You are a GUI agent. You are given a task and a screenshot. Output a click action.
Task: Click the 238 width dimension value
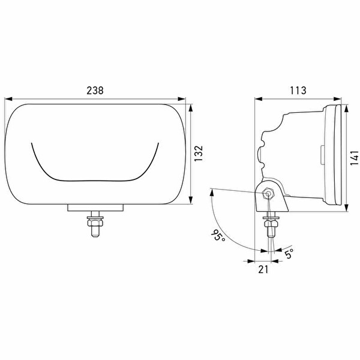(95, 91)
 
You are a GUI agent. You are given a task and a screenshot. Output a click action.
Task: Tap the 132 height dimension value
(199, 153)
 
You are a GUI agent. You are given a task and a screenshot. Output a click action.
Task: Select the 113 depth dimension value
(298, 91)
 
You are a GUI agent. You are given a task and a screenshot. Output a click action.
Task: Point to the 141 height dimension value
(354, 158)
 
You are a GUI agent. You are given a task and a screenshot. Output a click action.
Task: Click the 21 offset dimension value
(263, 269)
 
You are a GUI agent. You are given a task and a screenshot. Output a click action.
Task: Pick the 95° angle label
(218, 235)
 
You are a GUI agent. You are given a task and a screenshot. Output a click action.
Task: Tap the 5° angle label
(289, 253)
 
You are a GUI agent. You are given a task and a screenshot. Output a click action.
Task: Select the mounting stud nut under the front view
(95, 223)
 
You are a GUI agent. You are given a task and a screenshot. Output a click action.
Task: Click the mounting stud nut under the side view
(271, 223)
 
